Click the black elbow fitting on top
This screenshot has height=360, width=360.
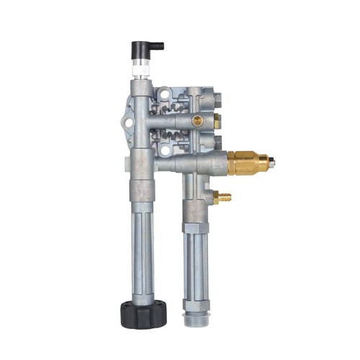click(144, 49)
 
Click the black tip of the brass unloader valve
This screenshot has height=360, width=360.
click(273, 163)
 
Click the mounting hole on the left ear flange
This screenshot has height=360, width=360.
click(128, 123)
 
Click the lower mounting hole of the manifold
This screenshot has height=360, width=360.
click(166, 150)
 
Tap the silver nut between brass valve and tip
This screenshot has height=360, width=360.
click(264, 163)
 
